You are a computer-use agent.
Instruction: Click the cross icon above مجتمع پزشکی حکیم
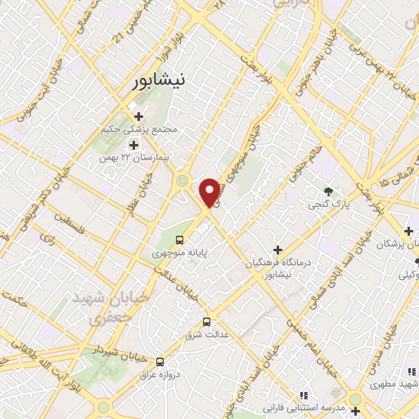138,116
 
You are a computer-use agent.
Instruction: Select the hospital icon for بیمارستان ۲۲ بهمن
133,144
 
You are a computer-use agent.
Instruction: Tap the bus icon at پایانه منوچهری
178,240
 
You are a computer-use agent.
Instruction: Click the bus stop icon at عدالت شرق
206,321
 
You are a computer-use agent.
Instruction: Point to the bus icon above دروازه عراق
160,361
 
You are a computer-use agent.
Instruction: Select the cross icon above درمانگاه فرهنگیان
277,249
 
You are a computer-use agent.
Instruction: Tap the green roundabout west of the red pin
182,181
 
